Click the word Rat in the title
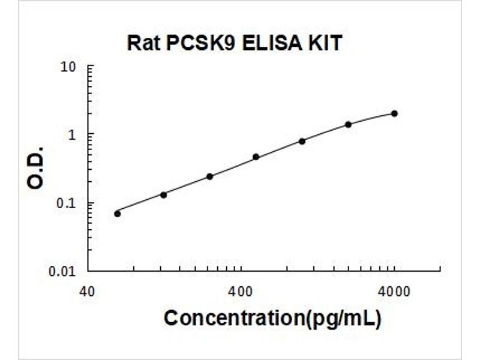[143, 43]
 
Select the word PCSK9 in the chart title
[200, 43]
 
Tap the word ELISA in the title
[272, 43]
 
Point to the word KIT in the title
[325, 43]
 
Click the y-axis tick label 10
[68, 67]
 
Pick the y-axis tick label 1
[72, 135]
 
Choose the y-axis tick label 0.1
[66, 203]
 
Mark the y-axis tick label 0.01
[62, 272]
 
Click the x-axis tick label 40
[87, 292]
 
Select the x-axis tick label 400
[241, 292]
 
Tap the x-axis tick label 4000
[394, 292]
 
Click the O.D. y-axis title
[35, 168]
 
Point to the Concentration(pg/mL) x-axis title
[273, 319]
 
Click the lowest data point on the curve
[118, 214]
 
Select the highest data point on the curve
[395, 113]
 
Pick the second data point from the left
[163, 194]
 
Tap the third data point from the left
[209, 176]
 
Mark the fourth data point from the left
[256, 157]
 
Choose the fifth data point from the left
[302, 141]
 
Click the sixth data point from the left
[349, 124]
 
